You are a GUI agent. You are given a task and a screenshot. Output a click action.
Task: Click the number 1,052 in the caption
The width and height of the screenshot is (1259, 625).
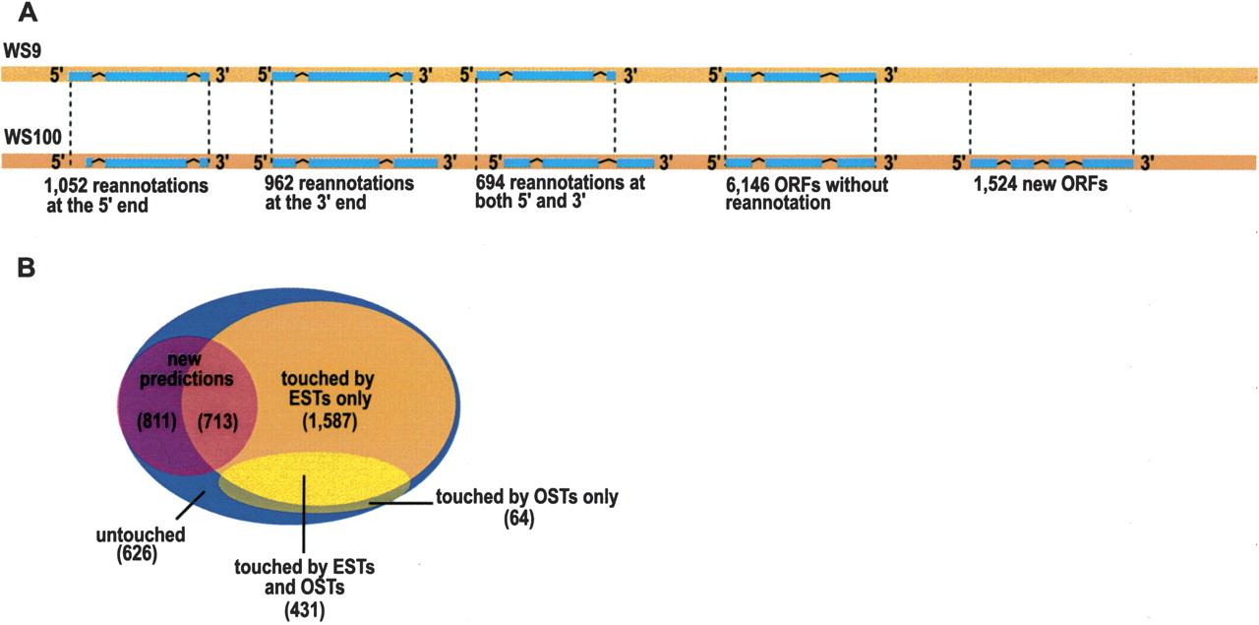68,185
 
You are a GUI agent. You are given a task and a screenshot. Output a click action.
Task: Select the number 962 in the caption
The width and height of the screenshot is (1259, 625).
283,184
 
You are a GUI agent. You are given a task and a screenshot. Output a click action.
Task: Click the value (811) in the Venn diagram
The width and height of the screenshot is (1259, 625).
157,423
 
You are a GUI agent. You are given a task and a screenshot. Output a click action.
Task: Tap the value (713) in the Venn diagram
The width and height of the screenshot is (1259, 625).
218,423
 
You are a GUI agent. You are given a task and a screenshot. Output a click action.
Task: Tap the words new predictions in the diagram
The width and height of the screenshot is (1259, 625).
187,370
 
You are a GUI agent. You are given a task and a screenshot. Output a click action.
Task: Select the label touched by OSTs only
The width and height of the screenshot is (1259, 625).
526,498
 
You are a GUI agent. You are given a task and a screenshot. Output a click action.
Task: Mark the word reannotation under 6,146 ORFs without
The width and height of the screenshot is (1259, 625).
775,204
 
